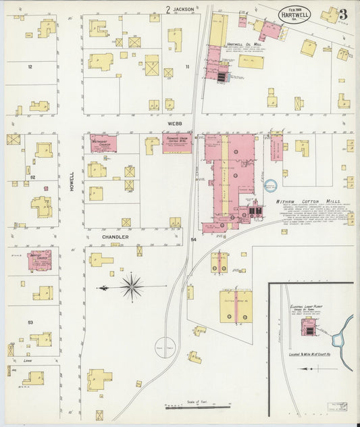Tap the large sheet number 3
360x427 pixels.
(343, 14)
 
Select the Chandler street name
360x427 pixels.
(115, 237)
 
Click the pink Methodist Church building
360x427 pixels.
(103, 143)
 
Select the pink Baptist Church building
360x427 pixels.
(39, 260)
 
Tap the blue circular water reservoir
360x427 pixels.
(271, 184)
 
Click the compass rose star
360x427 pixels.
(132, 287)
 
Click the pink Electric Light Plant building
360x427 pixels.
(309, 327)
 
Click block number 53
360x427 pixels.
(30, 322)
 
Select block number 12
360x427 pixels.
(30, 67)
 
